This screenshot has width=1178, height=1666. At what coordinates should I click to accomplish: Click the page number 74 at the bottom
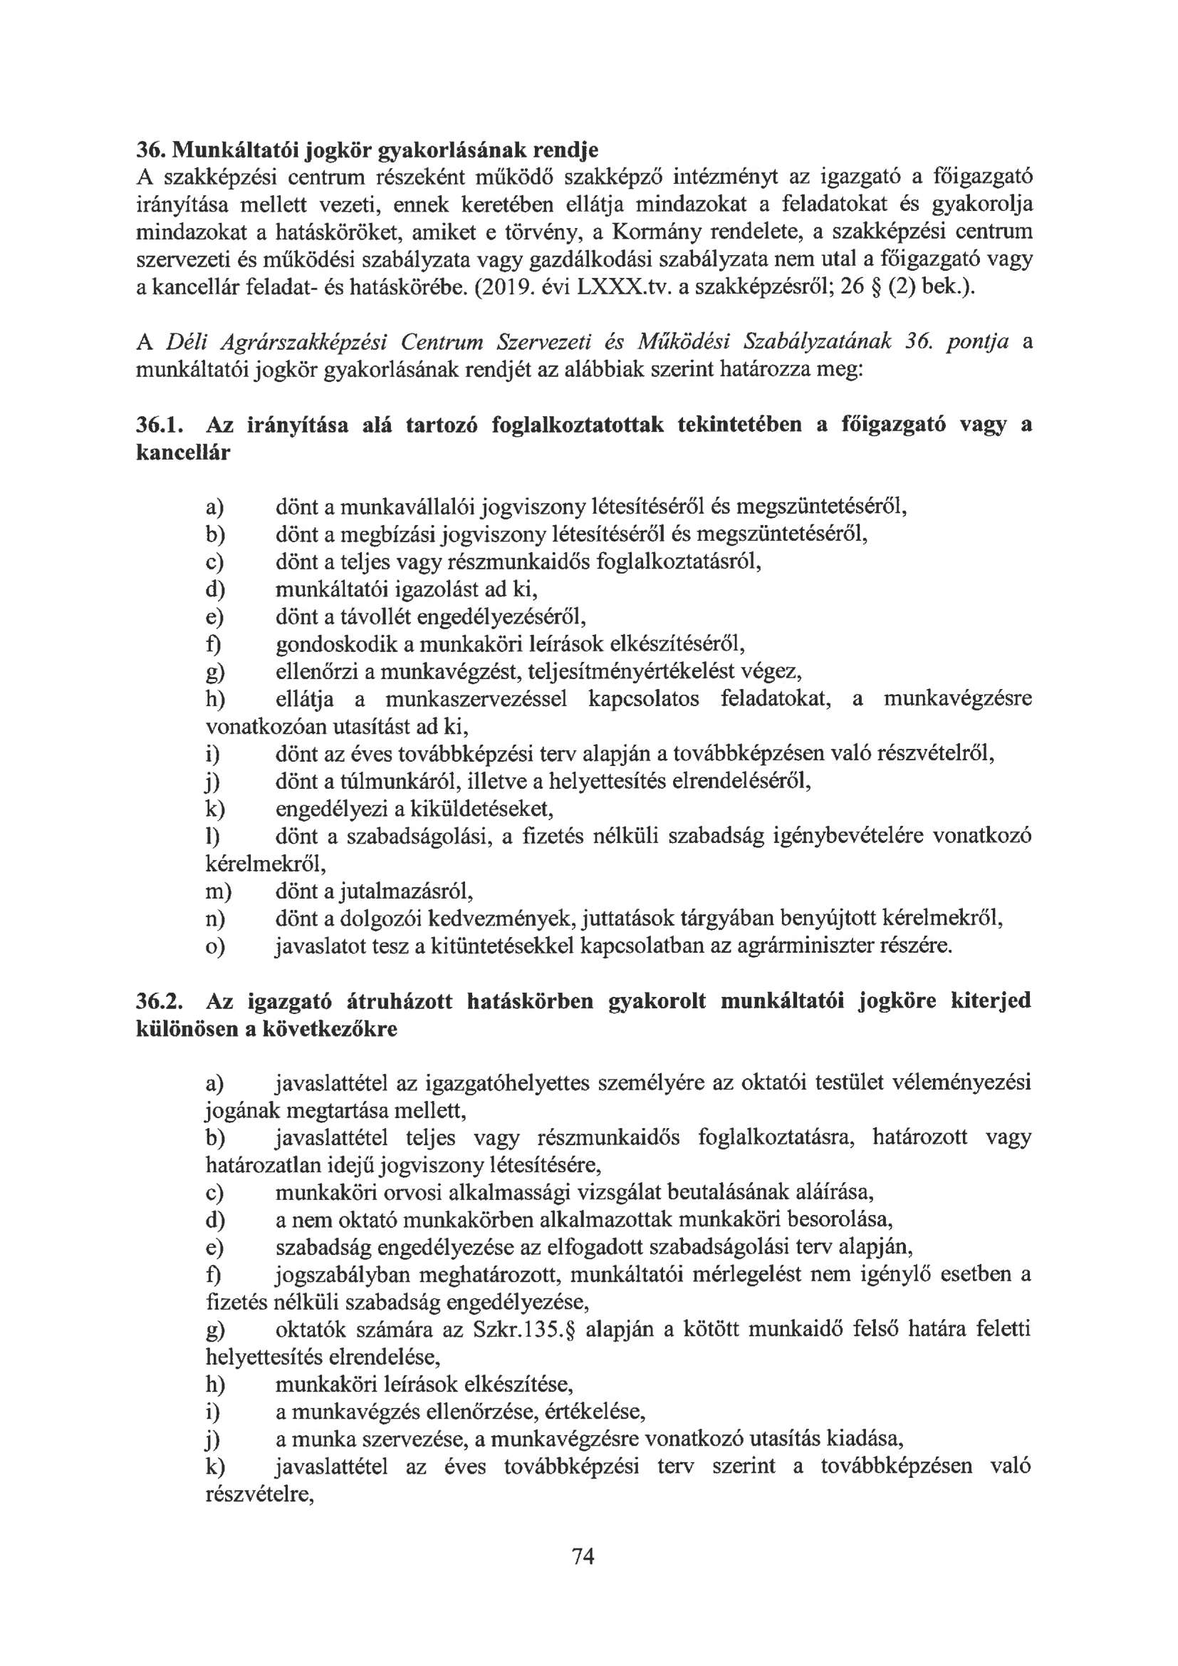pos(583,1556)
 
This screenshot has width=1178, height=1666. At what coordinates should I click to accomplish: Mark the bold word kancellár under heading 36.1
pos(183,452)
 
